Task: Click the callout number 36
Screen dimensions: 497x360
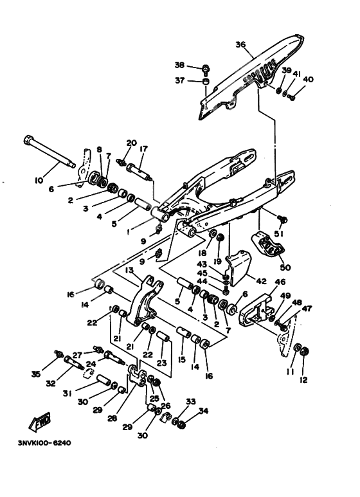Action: (240, 44)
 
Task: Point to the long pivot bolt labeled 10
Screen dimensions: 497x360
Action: (50, 153)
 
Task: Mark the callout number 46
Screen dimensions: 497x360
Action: (281, 281)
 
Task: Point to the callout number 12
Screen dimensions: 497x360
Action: (303, 379)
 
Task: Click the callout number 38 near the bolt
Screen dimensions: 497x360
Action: (179, 66)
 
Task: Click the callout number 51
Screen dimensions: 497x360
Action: (280, 233)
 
